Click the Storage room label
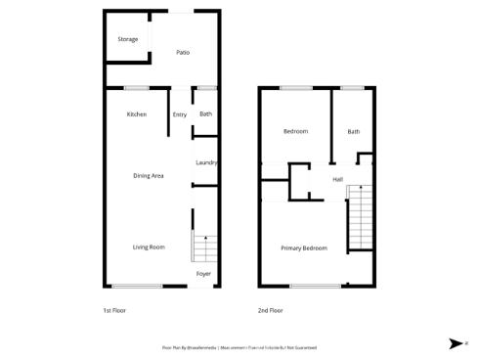click(128, 39)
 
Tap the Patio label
click(182, 52)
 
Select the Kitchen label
click(137, 114)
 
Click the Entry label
click(180, 114)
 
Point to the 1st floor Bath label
click(205, 114)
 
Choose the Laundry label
click(205, 162)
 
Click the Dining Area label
click(149, 176)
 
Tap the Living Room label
click(149, 247)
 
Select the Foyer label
click(203, 274)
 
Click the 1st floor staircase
click(203, 248)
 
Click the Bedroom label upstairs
click(295, 131)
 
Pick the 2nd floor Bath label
click(353, 131)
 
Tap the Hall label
click(337, 180)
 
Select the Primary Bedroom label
click(303, 248)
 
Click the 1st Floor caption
click(114, 310)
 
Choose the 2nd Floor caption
click(271, 310)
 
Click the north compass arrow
click(457, 343)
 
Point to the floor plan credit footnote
click(239, 347)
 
